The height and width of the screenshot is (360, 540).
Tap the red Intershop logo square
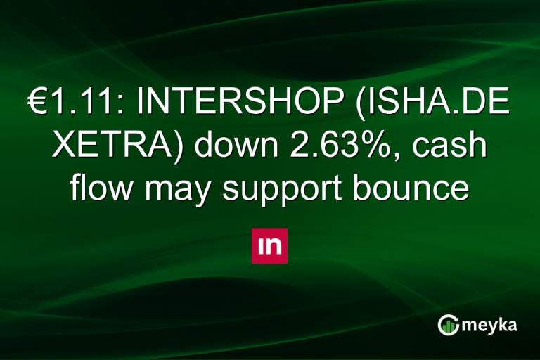tap(270, 246)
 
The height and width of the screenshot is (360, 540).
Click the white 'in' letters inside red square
tap(270, 246)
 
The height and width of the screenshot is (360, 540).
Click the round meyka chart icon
tap(448, 324)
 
